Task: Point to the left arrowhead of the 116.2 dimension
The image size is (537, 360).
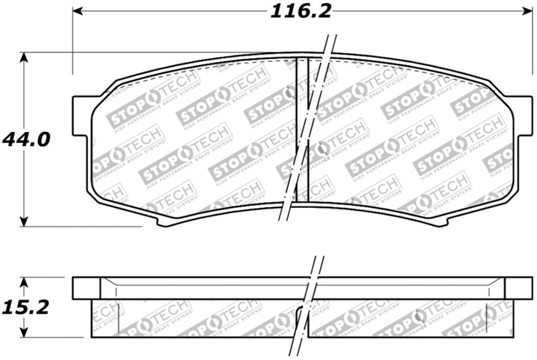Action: [x=78, y=12]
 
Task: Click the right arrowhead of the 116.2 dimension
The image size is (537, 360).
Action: [x=518, y=12]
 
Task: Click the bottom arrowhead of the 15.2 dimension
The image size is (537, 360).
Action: [x=25, y=332]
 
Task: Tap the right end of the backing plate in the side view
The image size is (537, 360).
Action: [x=513, y=288]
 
